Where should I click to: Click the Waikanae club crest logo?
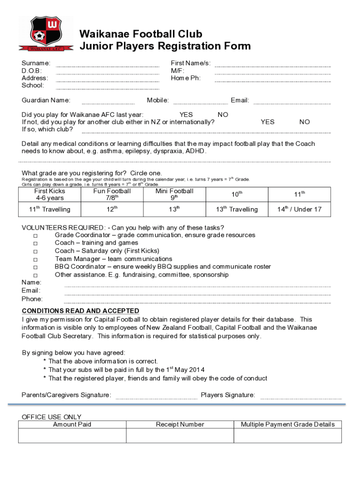[x=45, y=34]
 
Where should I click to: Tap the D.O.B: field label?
[x=32, y=71]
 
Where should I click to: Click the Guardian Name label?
[x=46, y=100]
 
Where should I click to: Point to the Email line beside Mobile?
[x=292, y=103]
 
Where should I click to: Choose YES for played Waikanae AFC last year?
[x=186, y=115]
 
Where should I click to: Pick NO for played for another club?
[x=304, y=122]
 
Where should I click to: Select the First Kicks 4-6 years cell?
[x=50, y=195]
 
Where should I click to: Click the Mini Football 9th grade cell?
[x=174, y=195]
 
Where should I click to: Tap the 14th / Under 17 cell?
[x=299, y=210]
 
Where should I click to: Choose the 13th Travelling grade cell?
[x=237, y=210]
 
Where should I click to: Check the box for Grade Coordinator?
[x=36, y=235]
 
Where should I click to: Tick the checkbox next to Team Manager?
[x=36, y=259]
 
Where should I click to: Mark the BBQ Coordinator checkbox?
[x=36, y=267]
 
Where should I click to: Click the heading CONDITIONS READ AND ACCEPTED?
[x=80, y=311]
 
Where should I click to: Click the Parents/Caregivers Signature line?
[x=156, y=398]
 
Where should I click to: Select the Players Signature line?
[x=301, y=398]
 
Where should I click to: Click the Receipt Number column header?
[x=180, y=425]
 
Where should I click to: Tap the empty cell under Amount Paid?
[x=72, y=435]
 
